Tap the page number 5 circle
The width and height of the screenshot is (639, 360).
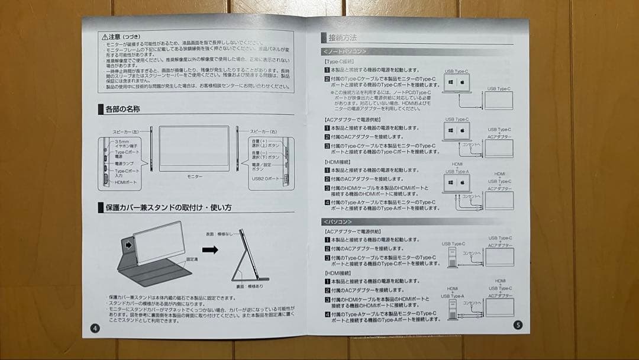pyautogui.click(x=518, y=324)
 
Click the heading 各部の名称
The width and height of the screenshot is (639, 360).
pyautogui.click(x=122, y=110)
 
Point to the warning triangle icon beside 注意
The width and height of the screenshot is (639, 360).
pyautogui.click(x=104, y=37)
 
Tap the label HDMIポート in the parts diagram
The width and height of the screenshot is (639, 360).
pyautogui.click(x=125, y=182)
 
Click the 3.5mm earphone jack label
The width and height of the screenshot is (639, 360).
pyautogui.click(x=125, y=144)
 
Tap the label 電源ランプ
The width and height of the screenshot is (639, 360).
pyautogui.click(x=124, y=163)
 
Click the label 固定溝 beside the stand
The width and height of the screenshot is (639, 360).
pyautogui.click(x=192, y=259)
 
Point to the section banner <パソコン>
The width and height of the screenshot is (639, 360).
pyautogui.click(x=338, y=221)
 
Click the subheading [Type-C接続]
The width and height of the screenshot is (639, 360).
pyautogui.click(x=339, y=61)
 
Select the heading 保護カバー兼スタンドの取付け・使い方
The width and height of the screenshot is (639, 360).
pyautogui.click(x=169, y=208)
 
